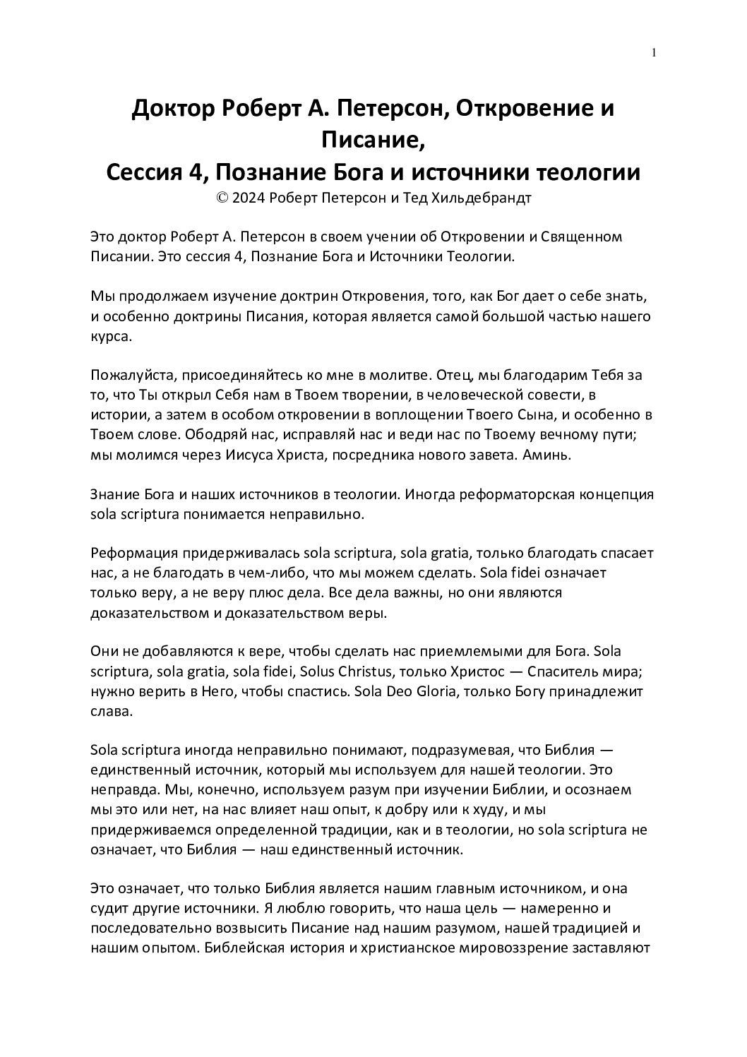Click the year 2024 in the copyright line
click(x=247, y=198)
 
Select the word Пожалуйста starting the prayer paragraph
click(x=131, y=375)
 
